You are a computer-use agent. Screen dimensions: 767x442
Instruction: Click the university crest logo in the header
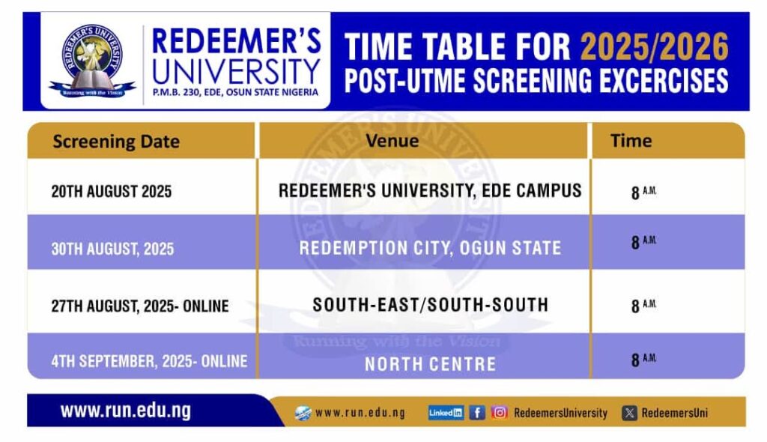[92, 60]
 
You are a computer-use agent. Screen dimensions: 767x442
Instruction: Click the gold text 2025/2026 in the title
[655, 47]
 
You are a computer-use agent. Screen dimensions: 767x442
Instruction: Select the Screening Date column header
[116, 142]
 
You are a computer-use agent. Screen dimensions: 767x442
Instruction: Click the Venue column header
[392, 141]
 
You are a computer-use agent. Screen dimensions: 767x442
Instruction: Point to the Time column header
[631, 141]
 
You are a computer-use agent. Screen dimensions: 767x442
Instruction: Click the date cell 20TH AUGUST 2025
[112, 191]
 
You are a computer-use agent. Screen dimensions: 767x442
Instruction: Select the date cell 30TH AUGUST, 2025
[112, 249]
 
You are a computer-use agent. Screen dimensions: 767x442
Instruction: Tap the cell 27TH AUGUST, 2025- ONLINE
[140, 306]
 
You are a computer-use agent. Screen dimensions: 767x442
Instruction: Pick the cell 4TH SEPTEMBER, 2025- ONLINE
[149, 361]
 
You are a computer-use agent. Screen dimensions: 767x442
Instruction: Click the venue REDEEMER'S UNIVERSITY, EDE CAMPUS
[430, 190]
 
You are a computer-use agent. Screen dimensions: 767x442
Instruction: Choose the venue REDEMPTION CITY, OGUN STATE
[430, 248]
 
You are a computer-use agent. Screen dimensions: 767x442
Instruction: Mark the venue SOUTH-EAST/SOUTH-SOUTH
[431, 305]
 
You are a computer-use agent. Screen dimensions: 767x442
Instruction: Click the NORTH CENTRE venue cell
[431, 364]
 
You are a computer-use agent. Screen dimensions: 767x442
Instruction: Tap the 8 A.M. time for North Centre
[643, 360]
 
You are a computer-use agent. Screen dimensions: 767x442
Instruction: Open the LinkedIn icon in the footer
[446, 413]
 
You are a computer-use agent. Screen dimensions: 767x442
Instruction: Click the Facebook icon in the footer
[477, 413]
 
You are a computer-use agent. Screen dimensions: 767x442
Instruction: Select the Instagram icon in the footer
[500, 413]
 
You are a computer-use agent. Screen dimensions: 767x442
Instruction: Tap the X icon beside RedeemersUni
[629, 413]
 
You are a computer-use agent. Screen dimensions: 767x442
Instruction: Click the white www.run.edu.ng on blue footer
[126, 411]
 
